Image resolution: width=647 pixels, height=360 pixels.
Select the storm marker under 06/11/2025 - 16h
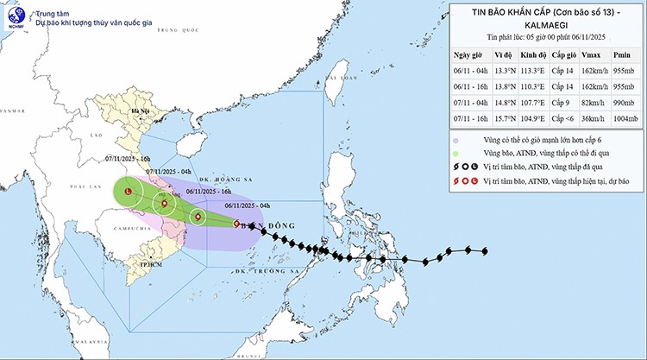198,217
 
